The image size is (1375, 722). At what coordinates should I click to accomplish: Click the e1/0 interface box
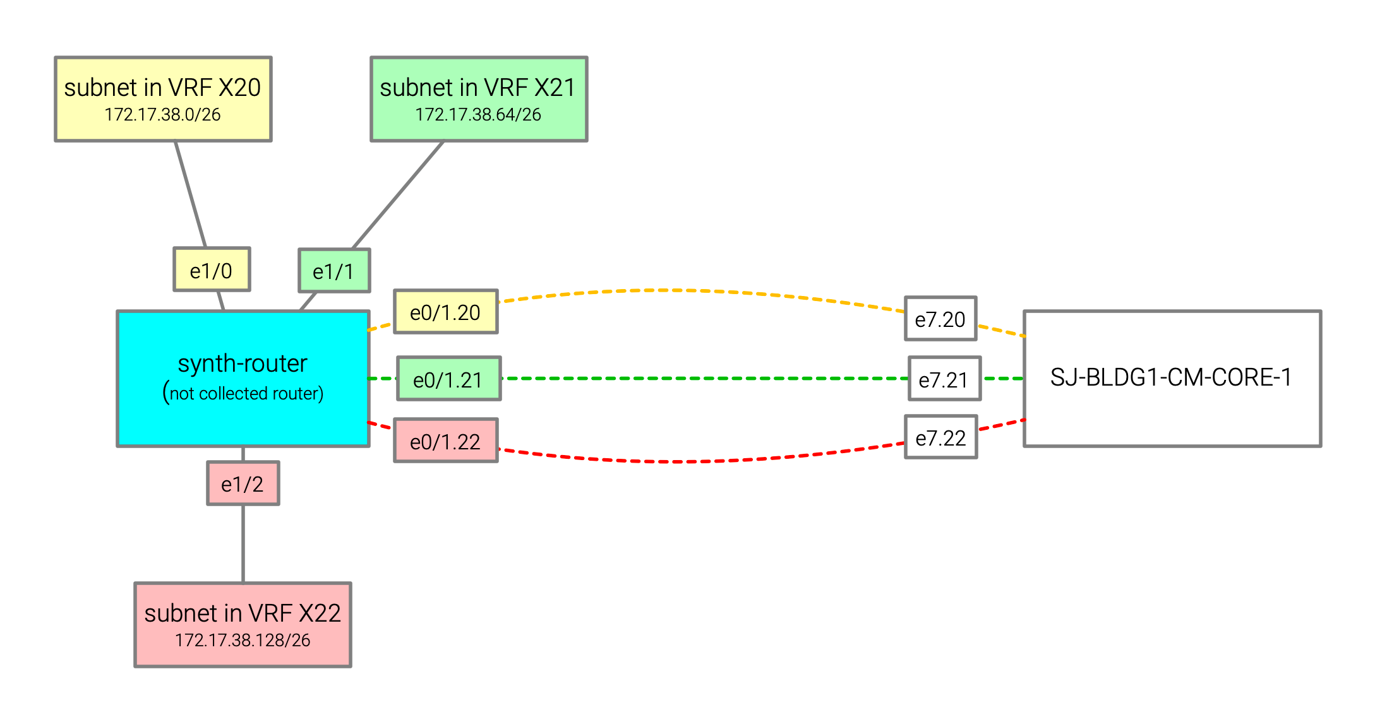(212, 269)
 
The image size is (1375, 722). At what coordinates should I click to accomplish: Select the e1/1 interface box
(334, 271)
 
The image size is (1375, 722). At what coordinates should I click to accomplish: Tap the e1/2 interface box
(243, 483)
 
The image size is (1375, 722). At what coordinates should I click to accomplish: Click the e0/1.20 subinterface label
(445, 312)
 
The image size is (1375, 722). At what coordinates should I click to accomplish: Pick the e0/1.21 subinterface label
(448, 379)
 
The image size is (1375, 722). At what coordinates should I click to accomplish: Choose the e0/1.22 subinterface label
(445, 441)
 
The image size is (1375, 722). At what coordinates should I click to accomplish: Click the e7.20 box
(940, 319)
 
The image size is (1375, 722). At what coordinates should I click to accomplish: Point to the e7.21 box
(944, 379)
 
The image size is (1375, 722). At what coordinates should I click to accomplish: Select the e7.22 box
(940, 437)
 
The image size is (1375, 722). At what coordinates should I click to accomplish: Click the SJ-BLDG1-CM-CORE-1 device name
(1171, 377)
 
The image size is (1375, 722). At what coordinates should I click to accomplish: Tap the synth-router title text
(243, 364)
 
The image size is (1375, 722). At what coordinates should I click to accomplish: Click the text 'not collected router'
(246, 393)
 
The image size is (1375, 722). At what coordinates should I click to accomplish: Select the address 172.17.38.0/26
(162, 114)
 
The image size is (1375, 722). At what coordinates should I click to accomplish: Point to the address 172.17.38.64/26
(478, 114)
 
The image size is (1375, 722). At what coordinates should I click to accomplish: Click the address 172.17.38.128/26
(243, 640)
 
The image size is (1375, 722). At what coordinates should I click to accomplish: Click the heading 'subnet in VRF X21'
(478, 87)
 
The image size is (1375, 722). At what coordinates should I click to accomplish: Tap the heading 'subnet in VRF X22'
(243, 613)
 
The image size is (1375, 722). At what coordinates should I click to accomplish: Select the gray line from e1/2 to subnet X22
(243, 543)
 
